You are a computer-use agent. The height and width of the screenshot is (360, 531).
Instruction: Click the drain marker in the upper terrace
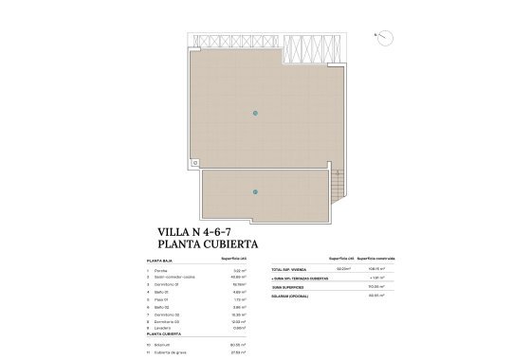click(254, 114)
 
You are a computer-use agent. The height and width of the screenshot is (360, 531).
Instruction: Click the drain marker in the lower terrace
click(254, 192)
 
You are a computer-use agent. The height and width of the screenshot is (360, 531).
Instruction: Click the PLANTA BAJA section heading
click(159, 259)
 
